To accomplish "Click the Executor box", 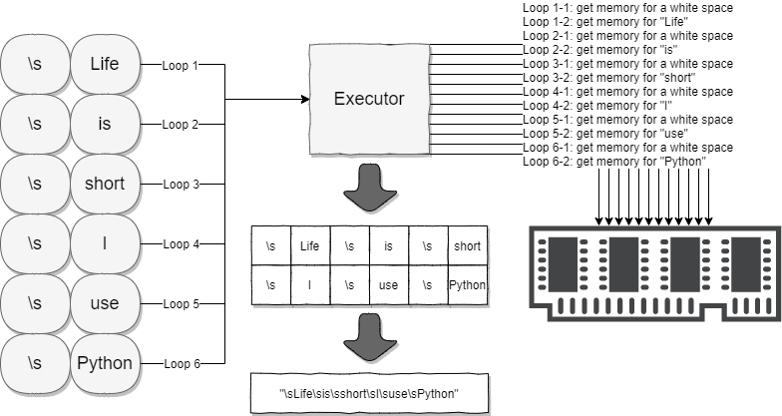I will (x=368, y=99).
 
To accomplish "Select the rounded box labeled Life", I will (x=104, y=65).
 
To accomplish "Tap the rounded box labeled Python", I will (x=104, y=362).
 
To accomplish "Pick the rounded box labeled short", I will (x=104, y=184).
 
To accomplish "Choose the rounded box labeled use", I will (x=104, y=302).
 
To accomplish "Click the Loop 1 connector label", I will (x=181, y=66).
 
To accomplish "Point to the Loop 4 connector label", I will (x=181, y=243).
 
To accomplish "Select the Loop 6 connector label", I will (x=181, y=363).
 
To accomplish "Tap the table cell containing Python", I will (x=467, y=285).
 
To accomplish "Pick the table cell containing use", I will (x=388, y=285).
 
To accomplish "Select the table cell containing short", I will (x=467, y=245).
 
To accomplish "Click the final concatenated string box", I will (x=368, y=394).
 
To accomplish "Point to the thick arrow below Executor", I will (x=368, y=188).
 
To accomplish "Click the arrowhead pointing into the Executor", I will (x=304, y=100).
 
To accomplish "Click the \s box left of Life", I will (x=35, y=65).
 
